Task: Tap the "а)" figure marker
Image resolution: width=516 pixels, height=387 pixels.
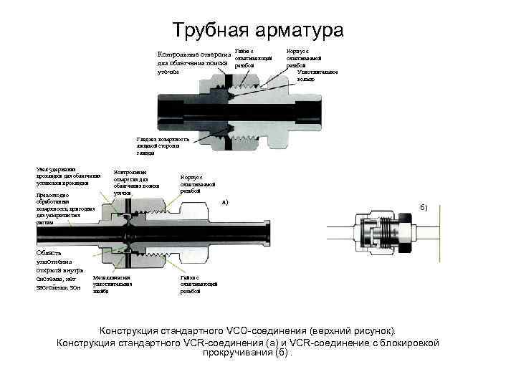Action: [225, 203]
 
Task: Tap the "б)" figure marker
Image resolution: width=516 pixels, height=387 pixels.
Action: [424, 208]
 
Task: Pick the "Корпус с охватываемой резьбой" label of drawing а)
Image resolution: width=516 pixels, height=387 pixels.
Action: [191, 183]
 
